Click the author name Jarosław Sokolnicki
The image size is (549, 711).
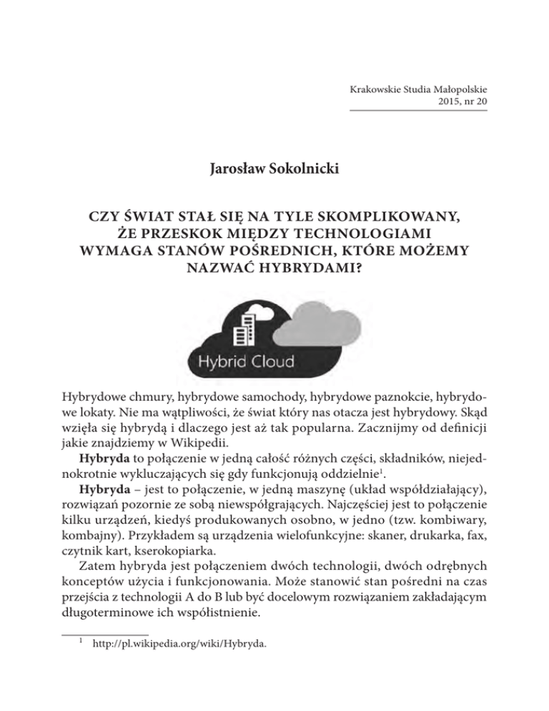274,171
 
